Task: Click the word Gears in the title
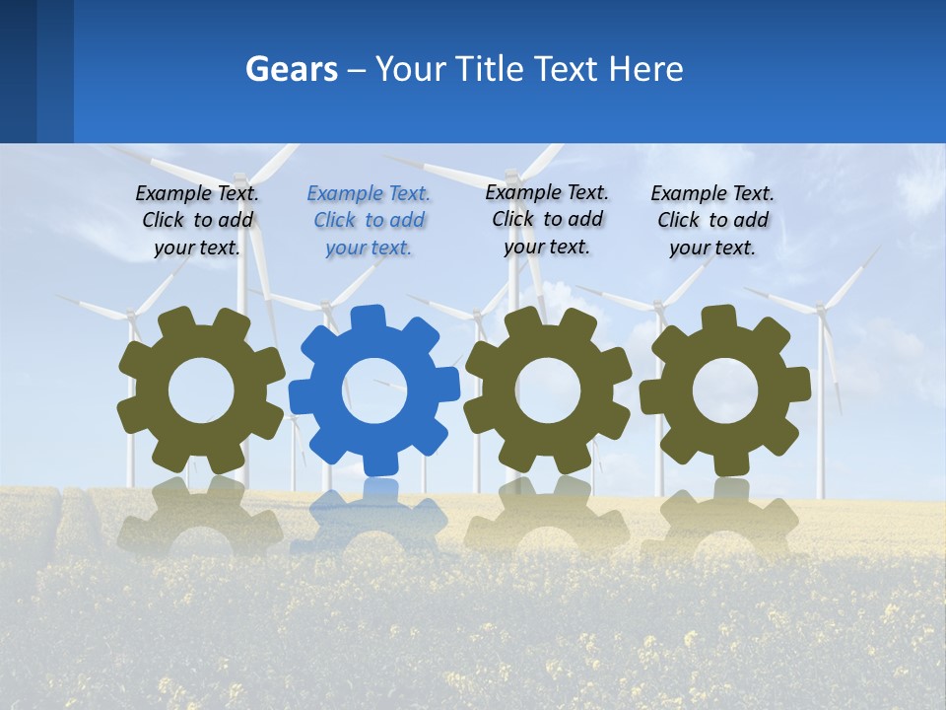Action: pos(291,70)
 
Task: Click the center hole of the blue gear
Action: pos(374,390)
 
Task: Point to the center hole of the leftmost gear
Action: pos(201,390)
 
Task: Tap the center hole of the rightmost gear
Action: pos(725,390)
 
